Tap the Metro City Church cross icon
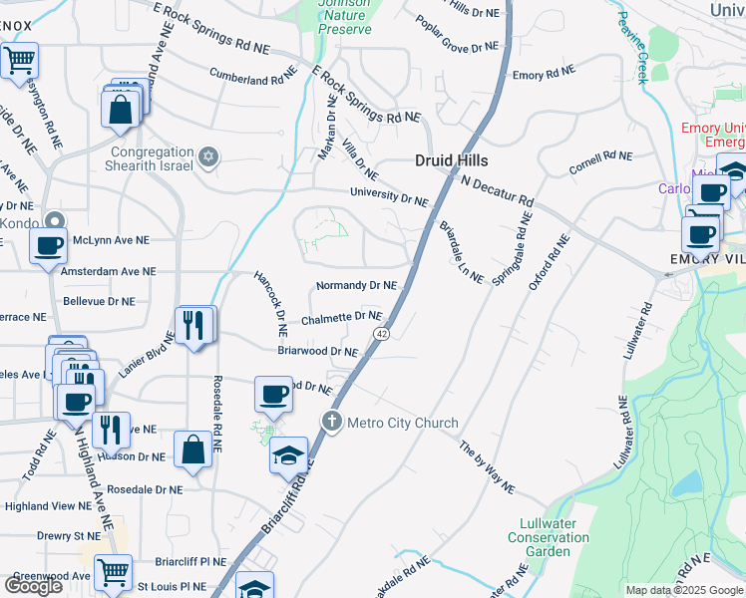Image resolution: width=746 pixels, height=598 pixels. point(332,423)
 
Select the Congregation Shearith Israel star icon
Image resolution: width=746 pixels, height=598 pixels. point(208,157)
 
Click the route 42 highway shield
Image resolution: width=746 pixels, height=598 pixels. point(381,335)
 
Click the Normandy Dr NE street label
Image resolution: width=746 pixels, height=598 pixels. point(356,286)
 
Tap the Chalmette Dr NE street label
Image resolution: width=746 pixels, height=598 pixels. point(342,318)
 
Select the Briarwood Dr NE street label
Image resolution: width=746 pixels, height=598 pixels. point(317,351)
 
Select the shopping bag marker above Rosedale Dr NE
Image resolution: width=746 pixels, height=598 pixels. point(192,449)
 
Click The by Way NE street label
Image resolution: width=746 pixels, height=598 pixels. point(487,468)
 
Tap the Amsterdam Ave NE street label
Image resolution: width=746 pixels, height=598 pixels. point(108,271)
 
